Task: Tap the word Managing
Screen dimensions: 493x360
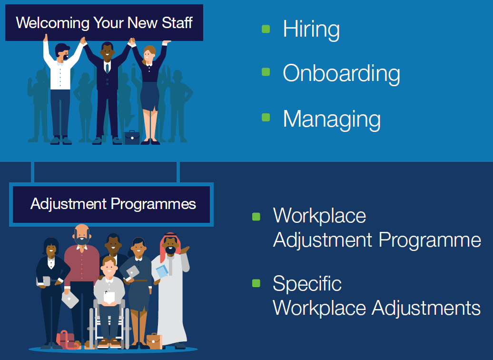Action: click(x=332, y=120)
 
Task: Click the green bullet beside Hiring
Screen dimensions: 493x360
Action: click(x=266, y=29)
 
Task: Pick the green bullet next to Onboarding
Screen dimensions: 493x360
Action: click(x=266, y=72)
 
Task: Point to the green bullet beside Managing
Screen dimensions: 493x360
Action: click(x=266, y=117)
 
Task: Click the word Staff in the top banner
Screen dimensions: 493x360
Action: click(x=177, y=23)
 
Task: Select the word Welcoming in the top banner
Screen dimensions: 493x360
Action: click(x=53, y=23)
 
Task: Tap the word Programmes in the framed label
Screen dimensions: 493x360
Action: click(x=153, y=204)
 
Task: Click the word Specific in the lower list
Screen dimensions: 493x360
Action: click(x=307, y=283)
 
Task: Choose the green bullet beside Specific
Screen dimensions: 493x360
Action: click(x=256, y=283)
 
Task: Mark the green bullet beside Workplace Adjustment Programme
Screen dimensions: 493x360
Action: click(x=256, y=217)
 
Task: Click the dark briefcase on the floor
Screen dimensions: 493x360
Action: click(x=132, y=138)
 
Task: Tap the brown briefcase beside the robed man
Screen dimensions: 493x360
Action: click(x=154, y=341)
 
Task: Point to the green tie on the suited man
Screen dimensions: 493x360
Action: click(x=107, y=68)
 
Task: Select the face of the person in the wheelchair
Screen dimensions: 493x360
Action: click(x=109, y=267)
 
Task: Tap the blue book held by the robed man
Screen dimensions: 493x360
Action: click(x=162, y=271)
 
